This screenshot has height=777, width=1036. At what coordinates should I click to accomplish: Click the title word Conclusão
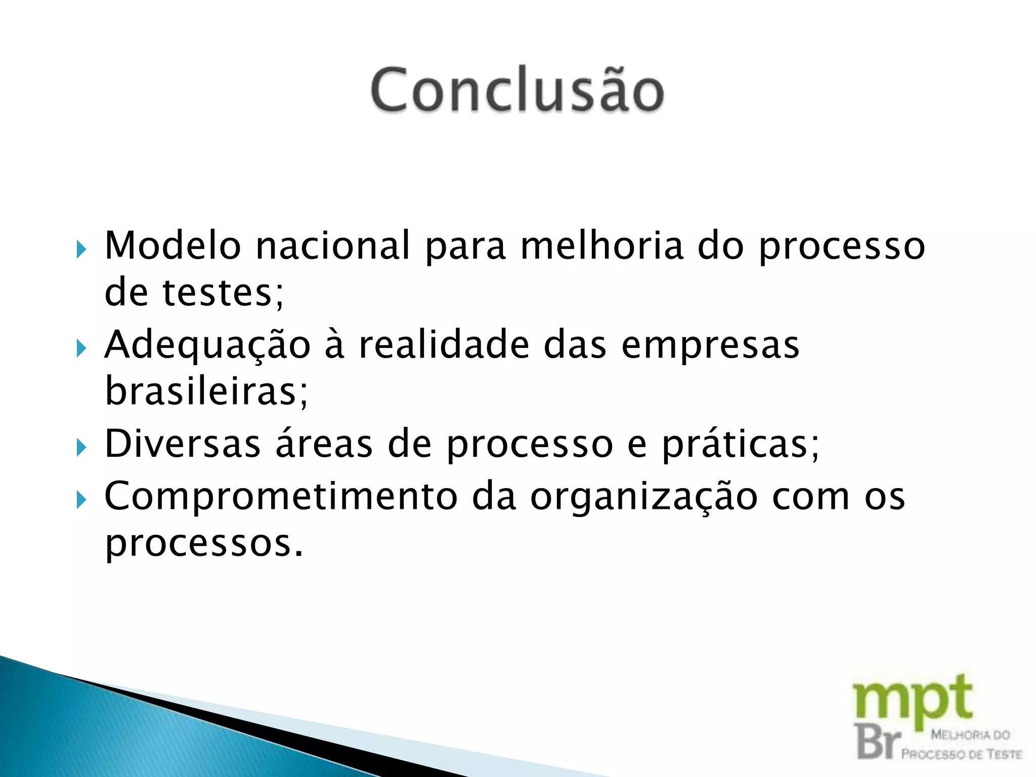coord(517,90)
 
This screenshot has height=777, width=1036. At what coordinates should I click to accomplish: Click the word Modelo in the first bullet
coord(172,246)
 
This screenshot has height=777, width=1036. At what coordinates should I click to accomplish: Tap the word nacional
coord(332,246)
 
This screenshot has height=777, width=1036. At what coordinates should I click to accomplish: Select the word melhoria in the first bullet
coord(601,246)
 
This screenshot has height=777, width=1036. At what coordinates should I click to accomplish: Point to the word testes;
coord(223,293)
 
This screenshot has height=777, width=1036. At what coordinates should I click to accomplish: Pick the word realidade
coord(444,345)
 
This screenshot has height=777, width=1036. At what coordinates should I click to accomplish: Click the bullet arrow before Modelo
coord(81,249)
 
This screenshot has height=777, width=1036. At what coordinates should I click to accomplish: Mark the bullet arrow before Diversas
coord(81,447)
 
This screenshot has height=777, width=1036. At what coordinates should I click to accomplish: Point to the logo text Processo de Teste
coord(961,754)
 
